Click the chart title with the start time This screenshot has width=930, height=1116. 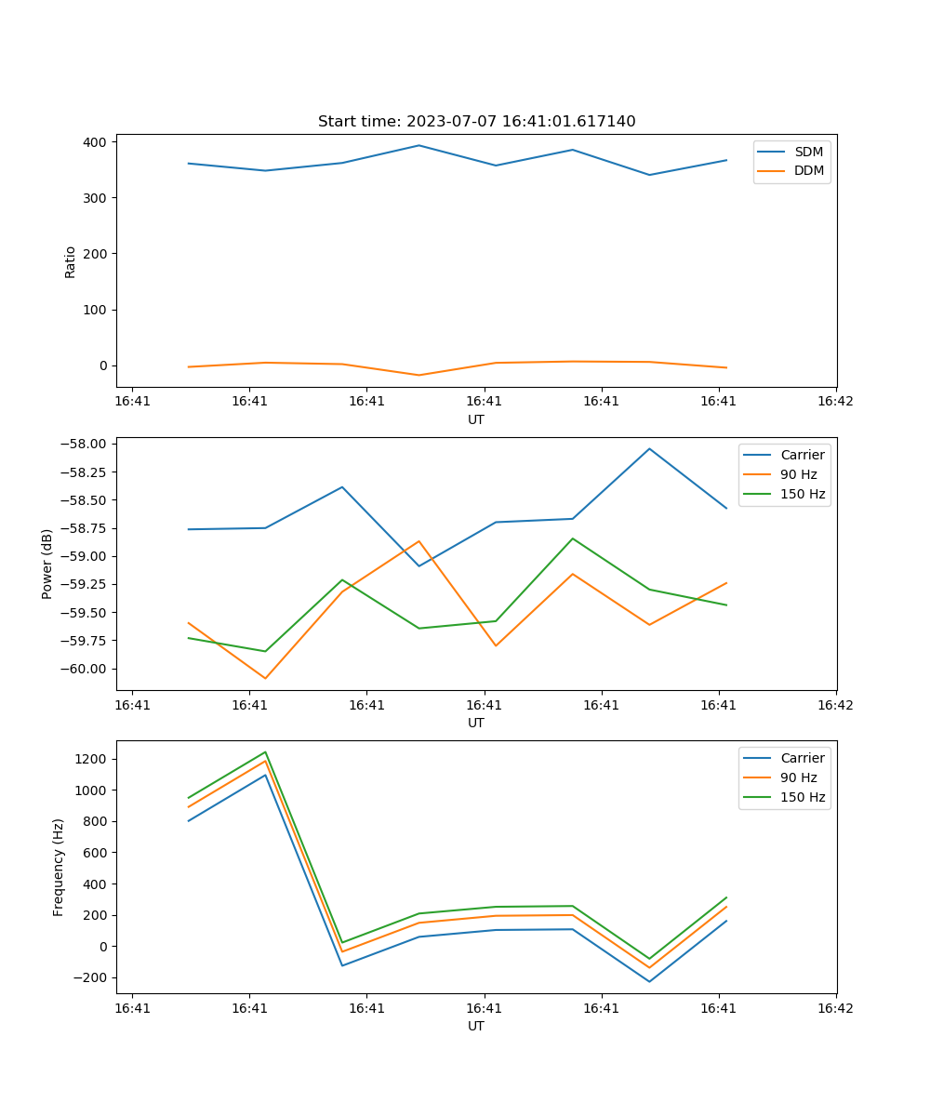point(476,122)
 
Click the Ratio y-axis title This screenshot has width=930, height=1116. point(71,261)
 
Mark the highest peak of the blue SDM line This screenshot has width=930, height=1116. point(418,145)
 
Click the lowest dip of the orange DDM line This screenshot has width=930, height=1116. point(418,375)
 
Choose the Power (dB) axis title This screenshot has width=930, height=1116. point(47,564)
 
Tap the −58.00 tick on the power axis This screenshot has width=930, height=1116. point(83,444)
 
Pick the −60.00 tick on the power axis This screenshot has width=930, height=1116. point(83,669)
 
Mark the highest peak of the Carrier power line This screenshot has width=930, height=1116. point(649,448)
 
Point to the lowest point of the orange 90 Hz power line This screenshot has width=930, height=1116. point(265,678)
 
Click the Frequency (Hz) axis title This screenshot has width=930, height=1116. point(59,867)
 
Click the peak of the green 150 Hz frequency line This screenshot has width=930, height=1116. point(265,751)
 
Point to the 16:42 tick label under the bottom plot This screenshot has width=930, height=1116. point(835,1007)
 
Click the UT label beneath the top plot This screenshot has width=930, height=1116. point(476,419)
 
